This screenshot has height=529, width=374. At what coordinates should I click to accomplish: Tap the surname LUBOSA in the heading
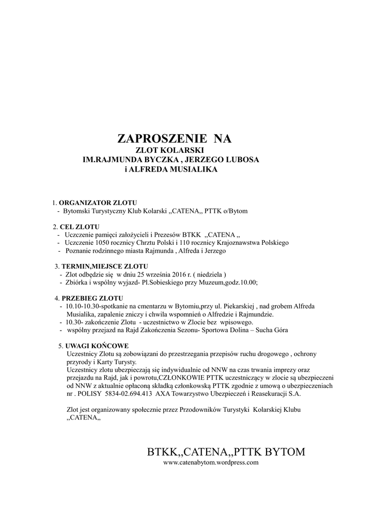click(239, 160)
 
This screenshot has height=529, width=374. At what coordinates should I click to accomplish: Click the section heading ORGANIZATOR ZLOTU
click(98, 203)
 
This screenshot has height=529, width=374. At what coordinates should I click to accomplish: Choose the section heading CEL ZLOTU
click(80, 227)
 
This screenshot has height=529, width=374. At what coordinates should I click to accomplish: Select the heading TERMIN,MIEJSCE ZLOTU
click(101, 266)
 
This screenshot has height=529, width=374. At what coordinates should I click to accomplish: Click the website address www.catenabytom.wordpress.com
click(211, 463)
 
